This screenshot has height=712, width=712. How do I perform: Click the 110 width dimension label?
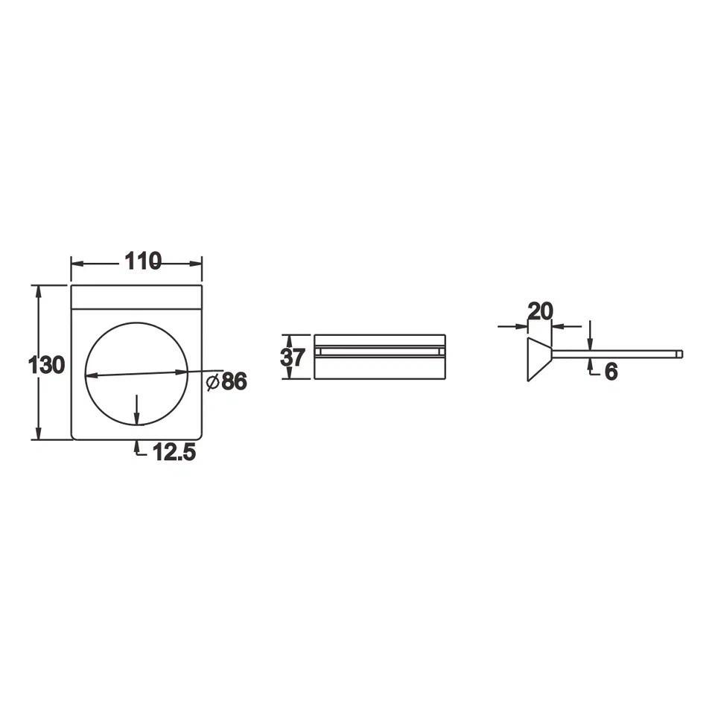[143, 261]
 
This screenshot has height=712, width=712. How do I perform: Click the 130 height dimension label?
[46, 365]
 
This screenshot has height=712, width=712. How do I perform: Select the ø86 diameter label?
[226, 381]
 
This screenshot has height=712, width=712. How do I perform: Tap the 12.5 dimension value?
[174, 452]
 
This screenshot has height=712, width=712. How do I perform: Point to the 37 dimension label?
[293, 357]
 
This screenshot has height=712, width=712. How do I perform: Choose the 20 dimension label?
[541, 311]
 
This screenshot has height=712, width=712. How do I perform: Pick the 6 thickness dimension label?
[611, 372]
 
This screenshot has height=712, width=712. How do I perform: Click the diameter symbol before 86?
[212, 382]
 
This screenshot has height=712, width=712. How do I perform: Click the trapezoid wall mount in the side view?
[539, 360]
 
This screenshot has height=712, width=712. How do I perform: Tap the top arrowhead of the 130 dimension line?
[39, 291]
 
